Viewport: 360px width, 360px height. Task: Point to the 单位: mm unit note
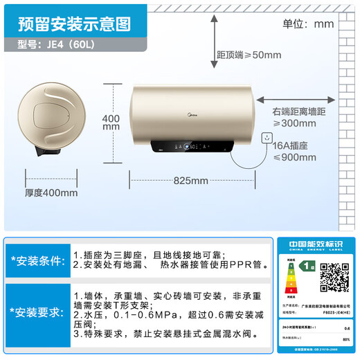pos(308,24)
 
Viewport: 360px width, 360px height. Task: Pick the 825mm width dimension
pos(190,181)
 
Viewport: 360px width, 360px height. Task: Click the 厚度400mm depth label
pos(51,192)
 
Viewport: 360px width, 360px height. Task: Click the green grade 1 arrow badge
pos(305,265)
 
